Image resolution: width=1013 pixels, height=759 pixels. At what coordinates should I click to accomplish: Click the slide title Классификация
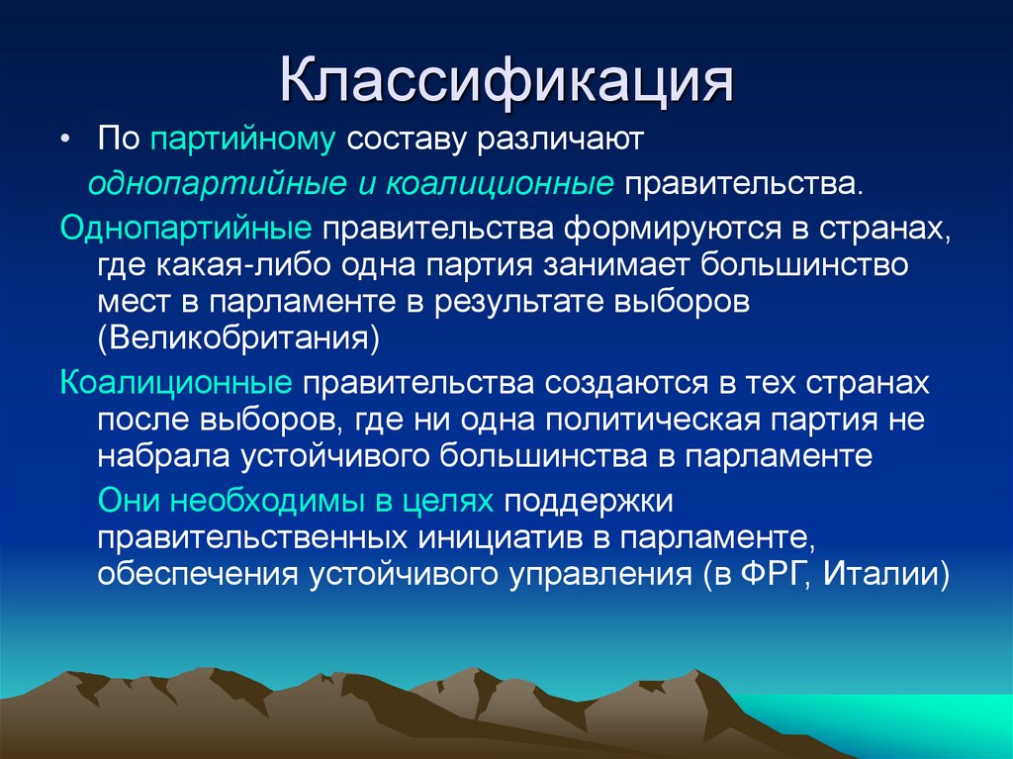coord(506,82)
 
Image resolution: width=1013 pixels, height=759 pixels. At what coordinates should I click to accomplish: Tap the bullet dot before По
coord(65,140)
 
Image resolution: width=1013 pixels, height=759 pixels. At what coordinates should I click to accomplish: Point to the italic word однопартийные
coord(203,184)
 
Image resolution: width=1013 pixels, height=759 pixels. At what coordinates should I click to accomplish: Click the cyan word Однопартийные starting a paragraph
coord(186,229)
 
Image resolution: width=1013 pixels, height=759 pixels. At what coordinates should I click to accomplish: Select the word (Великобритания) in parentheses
coord(238,336)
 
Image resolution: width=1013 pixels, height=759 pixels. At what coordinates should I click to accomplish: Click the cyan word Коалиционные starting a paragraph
coord(175,382)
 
